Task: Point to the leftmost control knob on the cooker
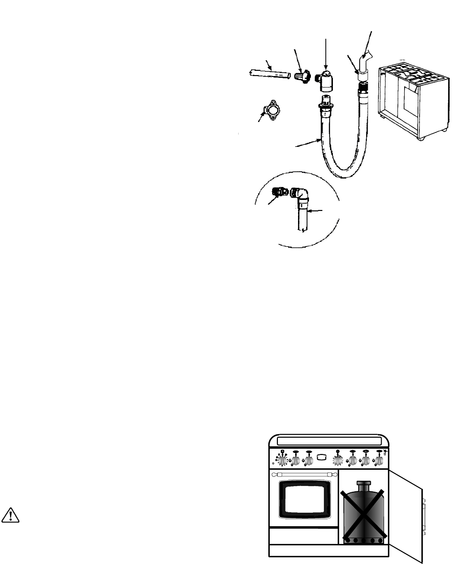(x=282, y=461)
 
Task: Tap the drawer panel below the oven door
(x=303, y=535)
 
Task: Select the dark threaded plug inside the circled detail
(x=279, y=192)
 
